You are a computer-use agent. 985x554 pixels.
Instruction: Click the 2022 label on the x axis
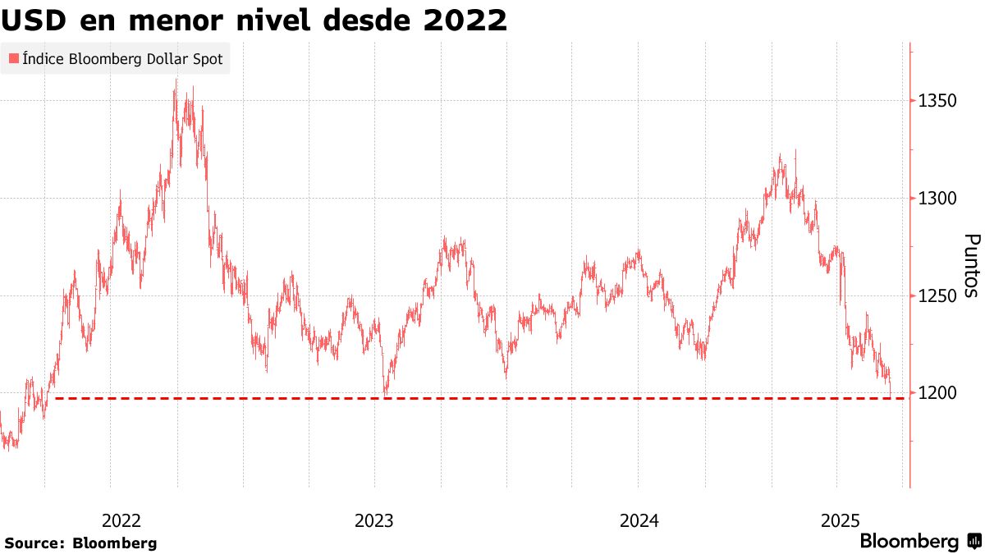tap(121, 520)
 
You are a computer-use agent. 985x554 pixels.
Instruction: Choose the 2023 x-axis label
tap(374, 520)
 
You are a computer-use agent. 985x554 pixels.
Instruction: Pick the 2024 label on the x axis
tap(639, 520)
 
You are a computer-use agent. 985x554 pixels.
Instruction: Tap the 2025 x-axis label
tap(840, 520)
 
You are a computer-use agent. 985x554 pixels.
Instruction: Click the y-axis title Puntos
tap(971, 266)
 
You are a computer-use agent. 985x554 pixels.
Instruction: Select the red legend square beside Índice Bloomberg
tap(13, 59)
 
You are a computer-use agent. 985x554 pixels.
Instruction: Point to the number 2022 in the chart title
tap(465, 20)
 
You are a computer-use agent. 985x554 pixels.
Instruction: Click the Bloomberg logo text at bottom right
tap(909, 542)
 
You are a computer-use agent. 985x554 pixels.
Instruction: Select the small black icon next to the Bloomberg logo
tap(974, 542)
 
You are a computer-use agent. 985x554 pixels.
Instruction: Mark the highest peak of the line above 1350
tap(176, 80)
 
